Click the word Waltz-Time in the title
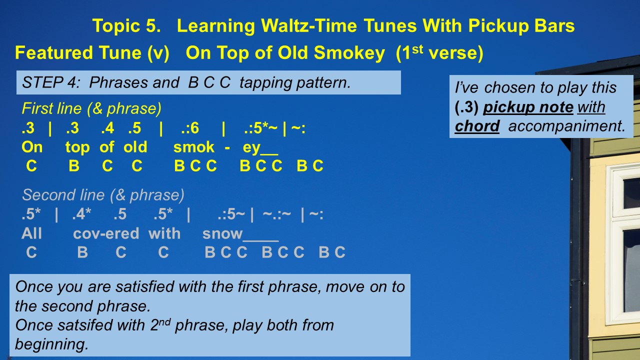point(309,25)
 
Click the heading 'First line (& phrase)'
point(91,108)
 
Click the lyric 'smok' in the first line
point(193,147)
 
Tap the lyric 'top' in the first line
point(77,147)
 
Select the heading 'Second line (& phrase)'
point(103,195)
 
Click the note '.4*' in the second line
point(81,214)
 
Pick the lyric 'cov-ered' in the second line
point(106,233)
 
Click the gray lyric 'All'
point(31,233)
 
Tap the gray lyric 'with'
point(164,233)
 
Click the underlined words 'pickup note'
point(528,107)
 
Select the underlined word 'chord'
point(477,126)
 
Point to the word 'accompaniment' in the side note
point(567,126)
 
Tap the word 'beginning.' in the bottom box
point(51,344)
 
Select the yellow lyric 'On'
point(32,147)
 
